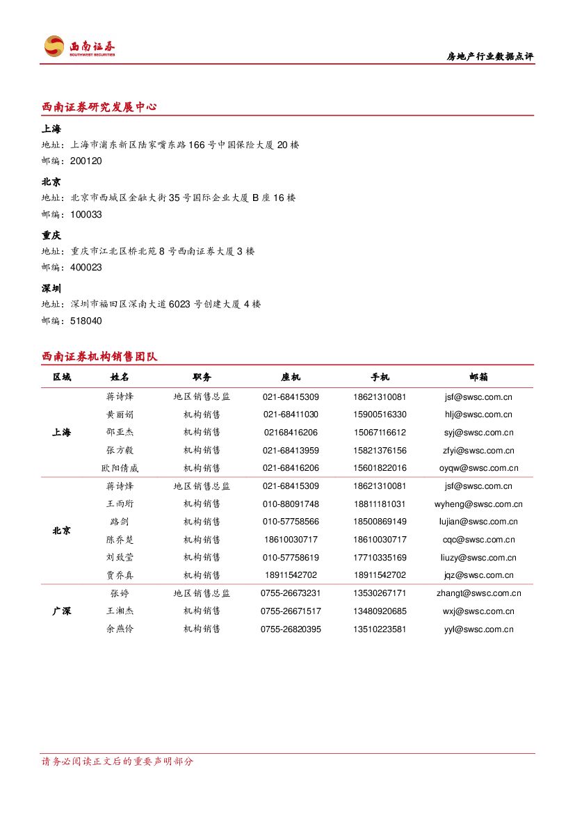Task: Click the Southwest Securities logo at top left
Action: coord(78,47)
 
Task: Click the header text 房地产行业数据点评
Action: coord(489,57)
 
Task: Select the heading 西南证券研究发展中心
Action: coord(99,107)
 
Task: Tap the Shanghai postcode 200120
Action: coord(86,161)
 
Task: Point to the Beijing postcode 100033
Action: coord(86,214)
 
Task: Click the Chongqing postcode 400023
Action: coord(86,267)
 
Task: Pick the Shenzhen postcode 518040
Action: coord(86,321)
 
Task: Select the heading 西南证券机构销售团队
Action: coord(99,357)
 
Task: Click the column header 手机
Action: coord(380,377)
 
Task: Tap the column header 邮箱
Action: coord(478,377)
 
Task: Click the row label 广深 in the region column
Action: coord(62,611)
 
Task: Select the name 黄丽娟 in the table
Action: coord(120,414)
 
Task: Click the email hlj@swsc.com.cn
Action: coord(478,414)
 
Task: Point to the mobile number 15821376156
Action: coord(380,451)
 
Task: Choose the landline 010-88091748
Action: coord(291,504)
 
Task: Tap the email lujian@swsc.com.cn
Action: coord(478,522)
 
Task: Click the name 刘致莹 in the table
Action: coord(120,558)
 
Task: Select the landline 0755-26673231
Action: coord(291,593)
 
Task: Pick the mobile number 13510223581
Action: coord(380,629)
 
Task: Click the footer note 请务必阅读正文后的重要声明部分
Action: coord(118,762)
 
